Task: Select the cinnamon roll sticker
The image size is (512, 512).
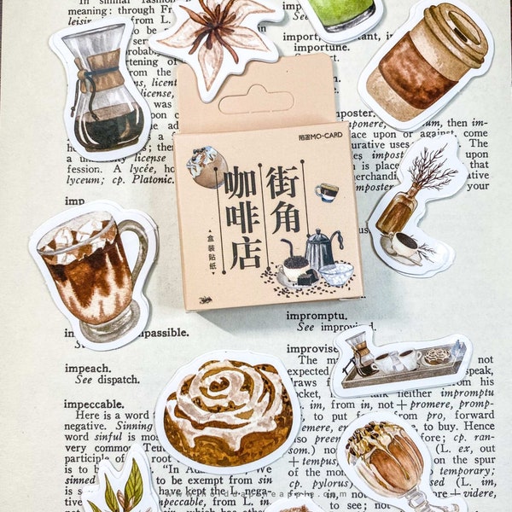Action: click(x=227, y=410)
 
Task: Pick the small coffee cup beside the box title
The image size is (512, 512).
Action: click(x=327, y=192)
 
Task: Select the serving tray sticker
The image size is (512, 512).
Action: click(x=401, y=358)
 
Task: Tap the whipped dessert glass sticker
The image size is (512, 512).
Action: click(x=393, y=465)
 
